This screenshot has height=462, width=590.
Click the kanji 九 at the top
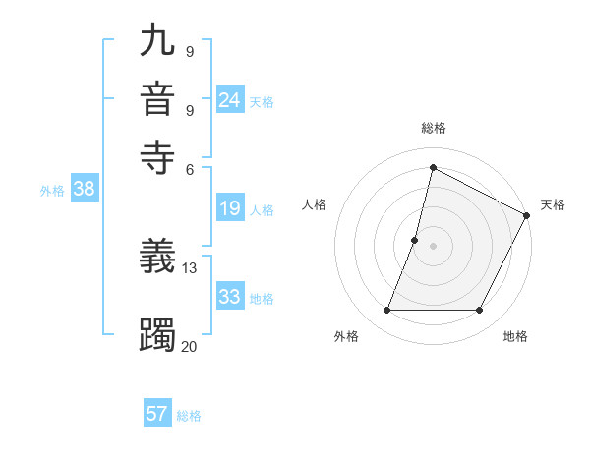(x=157, y=40)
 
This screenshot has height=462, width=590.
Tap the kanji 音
(x=157, y=99)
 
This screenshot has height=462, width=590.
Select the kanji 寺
(x=157, y=156)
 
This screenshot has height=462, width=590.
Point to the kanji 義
(x=157, y=258)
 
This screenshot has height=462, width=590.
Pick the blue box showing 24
(x=230, y=100)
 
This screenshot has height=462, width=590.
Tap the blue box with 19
(x=230, y=208)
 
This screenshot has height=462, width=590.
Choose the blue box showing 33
(x=230, y=297)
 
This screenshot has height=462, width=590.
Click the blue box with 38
(x=84, y=190)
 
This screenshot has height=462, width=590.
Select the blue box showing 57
(x=157, y=414)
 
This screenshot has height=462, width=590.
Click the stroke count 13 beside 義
(x=190, y=267)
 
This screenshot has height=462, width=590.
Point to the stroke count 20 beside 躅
(x=190, y=345)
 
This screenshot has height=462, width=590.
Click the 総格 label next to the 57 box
(x=189, y=416)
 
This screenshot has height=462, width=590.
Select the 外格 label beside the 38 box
(x=52, y=192)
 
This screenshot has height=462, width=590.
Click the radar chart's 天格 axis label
(x=553, y=204)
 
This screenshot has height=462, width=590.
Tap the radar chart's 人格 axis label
(x=315, y=204)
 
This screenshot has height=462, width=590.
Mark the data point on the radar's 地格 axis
(x=480, y=311)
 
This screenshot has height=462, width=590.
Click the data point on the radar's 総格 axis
(x=433, y=167)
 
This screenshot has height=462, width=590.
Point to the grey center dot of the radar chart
(x=433, y=245)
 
